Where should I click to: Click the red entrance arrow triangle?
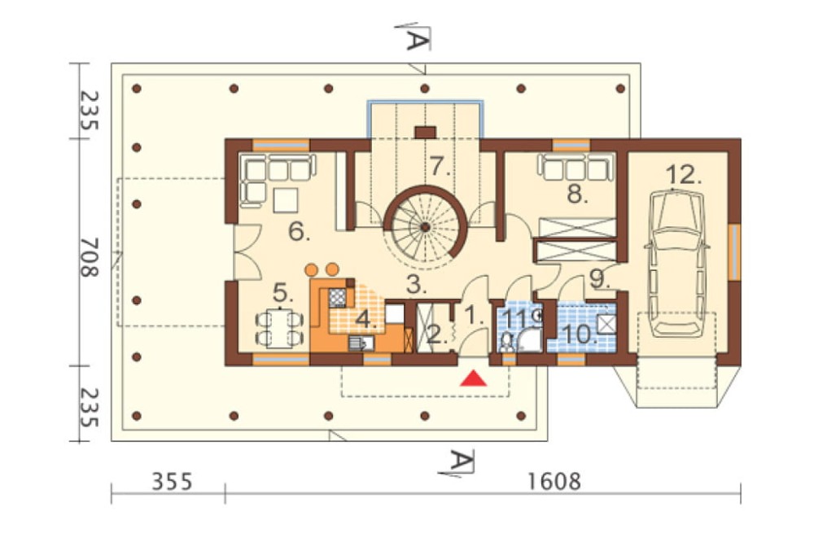473,378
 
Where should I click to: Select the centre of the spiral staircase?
425,227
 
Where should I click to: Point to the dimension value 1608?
554,481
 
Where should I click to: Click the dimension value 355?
172,481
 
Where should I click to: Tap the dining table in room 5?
280,328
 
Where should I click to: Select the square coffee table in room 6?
286,200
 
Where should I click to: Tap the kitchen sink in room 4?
359,343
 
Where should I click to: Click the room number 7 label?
440,166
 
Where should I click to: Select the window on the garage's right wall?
734,252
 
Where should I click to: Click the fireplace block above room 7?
425,133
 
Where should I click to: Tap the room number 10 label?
580,334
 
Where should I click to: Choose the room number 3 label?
415,283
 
